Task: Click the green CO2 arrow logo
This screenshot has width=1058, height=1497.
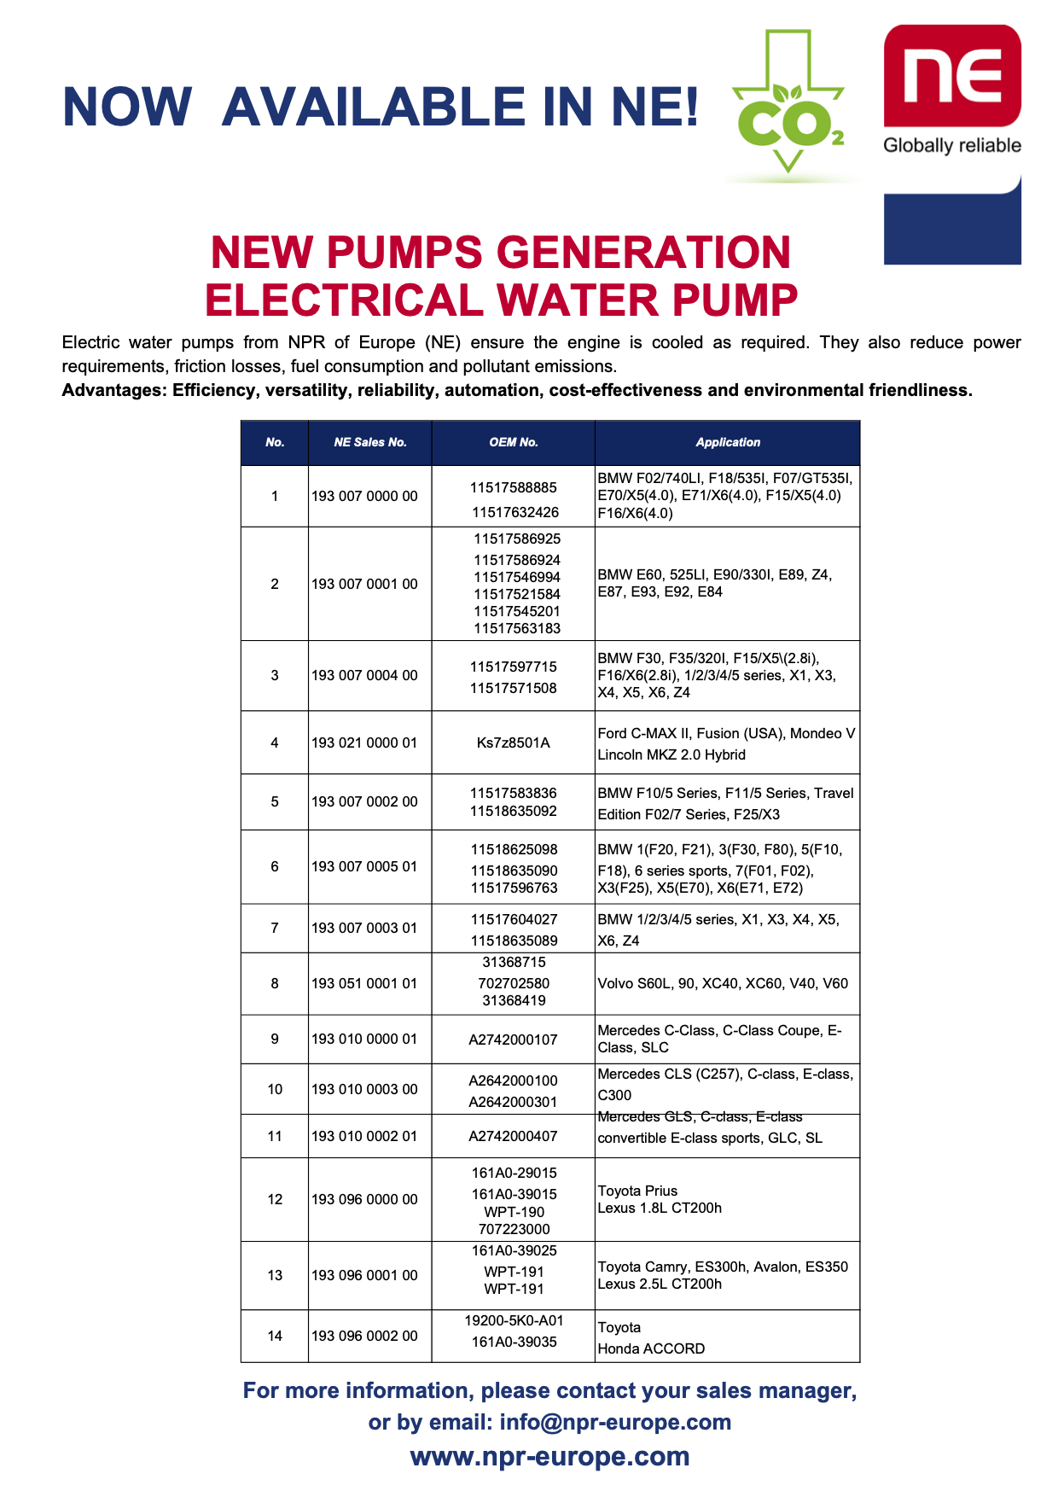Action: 788,107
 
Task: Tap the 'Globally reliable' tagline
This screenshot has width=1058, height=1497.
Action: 952,145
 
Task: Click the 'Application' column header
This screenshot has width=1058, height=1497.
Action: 727,442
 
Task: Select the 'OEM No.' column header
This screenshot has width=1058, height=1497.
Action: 514,442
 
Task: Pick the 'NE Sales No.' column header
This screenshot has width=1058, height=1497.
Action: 370,442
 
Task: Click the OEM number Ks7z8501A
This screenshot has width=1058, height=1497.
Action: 514,743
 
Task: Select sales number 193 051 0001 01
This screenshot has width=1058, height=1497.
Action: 364,983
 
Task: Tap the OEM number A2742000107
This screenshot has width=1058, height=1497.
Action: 514,1040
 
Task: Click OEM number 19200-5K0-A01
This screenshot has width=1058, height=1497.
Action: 514,1320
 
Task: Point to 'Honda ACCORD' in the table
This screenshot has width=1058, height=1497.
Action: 651,1348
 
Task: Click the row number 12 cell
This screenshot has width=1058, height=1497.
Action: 275,1199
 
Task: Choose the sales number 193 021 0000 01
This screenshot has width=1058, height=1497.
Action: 364,743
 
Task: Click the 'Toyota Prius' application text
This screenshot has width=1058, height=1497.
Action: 637,1191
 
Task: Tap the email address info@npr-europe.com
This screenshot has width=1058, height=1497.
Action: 615,1422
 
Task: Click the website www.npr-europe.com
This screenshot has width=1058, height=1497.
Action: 549,1456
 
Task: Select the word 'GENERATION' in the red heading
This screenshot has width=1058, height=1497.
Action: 643,253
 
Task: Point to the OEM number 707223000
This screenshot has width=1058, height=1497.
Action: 514,1229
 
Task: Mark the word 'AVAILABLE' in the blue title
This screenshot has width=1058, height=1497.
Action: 374,108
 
